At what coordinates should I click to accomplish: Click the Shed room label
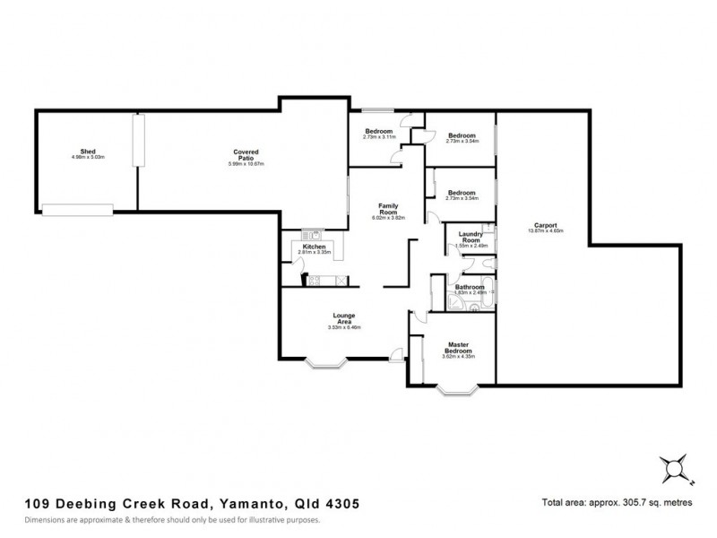click(89, 152)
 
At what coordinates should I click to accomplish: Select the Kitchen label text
click(313, 247)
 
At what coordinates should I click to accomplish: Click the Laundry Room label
click(471, 238)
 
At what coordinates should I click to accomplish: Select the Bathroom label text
click(470, 287)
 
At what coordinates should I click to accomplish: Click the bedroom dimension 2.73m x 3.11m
click(378, 137)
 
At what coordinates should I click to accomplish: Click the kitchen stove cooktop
click(315, 281)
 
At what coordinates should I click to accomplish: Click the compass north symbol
click(671, 466)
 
